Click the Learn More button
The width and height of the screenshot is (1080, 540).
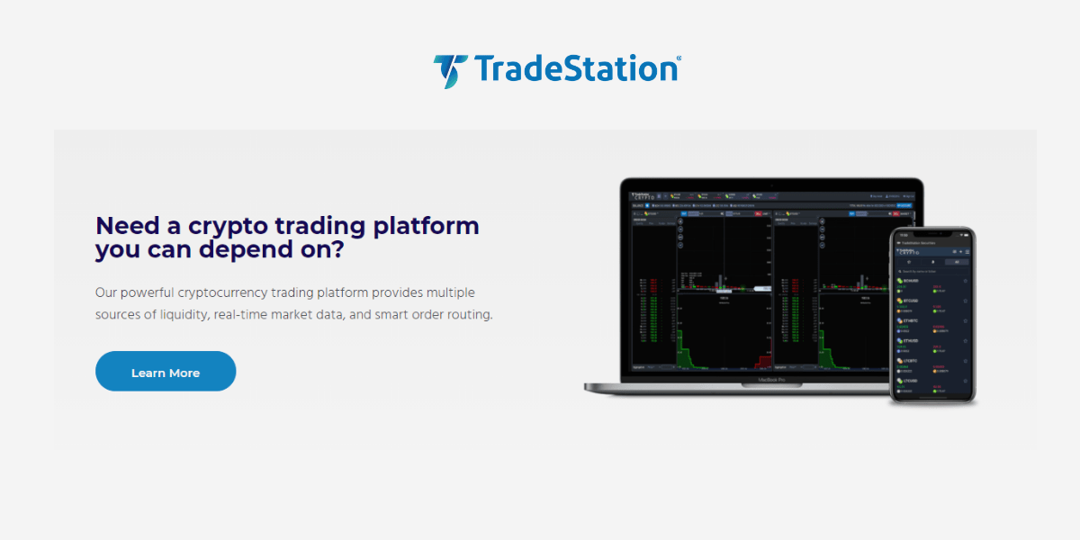pyautogui.click(x=166, y=372)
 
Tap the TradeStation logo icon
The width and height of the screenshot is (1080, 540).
pyautogui.click(x=450, y=70)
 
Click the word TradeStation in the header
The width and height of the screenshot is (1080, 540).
pyautogui.click(x=575, y=69)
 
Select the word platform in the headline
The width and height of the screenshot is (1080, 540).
pyautogui.click(x=425, y=225)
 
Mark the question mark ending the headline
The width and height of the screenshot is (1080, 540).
pyautogui.click(x=336, y=249)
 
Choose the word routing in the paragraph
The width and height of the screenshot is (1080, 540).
pyautogui.click(x=469, y=315)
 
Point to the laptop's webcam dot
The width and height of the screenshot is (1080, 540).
pyautogui.click(x=771, y=183)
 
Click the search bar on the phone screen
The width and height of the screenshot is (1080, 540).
pyautogui.click(x=932, y=271)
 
